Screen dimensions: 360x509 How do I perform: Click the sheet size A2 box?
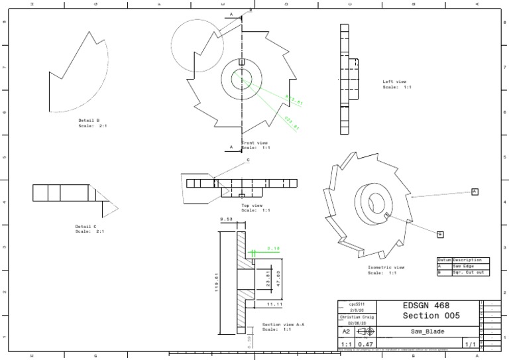[346, 331]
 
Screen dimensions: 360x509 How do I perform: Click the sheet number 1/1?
[469, 345]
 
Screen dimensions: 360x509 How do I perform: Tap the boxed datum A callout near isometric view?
[475, 192]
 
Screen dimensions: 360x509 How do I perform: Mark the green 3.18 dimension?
[272, 249]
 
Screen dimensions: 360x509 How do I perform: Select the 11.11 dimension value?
[274, 304]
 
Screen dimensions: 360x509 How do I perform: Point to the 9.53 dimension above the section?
[226, 219]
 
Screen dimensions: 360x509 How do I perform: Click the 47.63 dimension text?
[278, 278]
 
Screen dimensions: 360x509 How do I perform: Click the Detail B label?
[89, 121]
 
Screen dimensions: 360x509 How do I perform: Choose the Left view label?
[395, 82]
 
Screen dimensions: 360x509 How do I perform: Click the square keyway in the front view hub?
[242, 63]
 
